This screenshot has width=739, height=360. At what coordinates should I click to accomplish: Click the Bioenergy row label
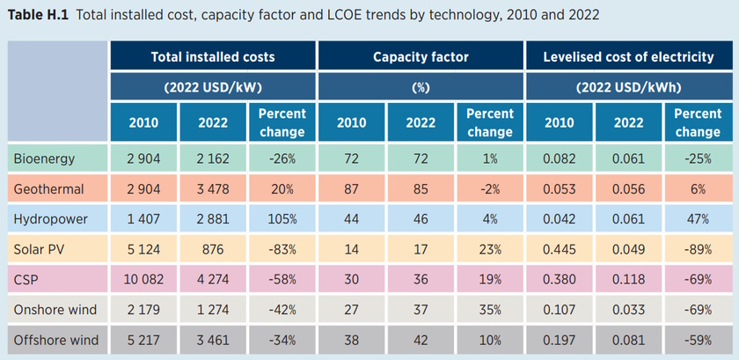tap(44, 158)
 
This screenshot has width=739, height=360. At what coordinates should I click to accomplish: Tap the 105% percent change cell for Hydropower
tap(282, 218)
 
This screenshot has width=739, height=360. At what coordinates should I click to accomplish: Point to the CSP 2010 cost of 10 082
tap(143, 279)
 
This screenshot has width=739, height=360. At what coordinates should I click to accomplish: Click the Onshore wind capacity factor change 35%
tap(489, 310)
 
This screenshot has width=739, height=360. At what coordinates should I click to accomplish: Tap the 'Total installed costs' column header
tap(213, 56)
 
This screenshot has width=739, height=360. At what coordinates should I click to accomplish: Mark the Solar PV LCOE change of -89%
tap(698, 249)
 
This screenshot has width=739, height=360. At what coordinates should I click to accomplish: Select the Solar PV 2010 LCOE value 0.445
tap(559, 249)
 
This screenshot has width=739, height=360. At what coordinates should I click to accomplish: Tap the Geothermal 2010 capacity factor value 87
tap(351, 188)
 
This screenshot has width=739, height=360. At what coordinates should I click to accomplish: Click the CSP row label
tap(26, 279)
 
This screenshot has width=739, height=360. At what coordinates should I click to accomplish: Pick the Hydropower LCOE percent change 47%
tap(698, 218)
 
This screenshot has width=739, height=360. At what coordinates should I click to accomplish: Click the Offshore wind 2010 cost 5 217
tap(143, 340)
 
